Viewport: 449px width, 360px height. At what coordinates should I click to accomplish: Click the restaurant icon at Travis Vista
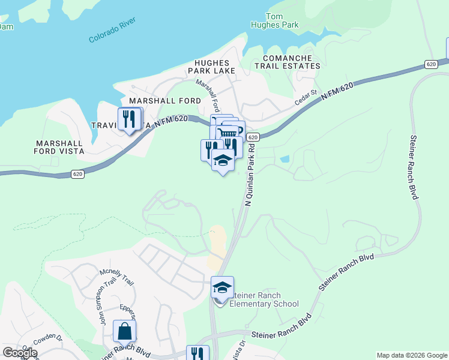click(129, 119)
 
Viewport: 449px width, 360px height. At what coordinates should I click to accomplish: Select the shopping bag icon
click(124, 332)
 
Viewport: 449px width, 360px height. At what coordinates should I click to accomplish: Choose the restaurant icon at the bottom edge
click(197, 354)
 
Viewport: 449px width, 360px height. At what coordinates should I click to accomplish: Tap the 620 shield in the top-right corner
click(430, 64)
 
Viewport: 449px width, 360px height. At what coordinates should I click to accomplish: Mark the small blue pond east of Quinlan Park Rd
click(284, 159)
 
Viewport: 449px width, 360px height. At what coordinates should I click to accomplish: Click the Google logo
click(20, 353)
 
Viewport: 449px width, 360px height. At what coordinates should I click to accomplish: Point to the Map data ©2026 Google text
click(412, 355)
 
